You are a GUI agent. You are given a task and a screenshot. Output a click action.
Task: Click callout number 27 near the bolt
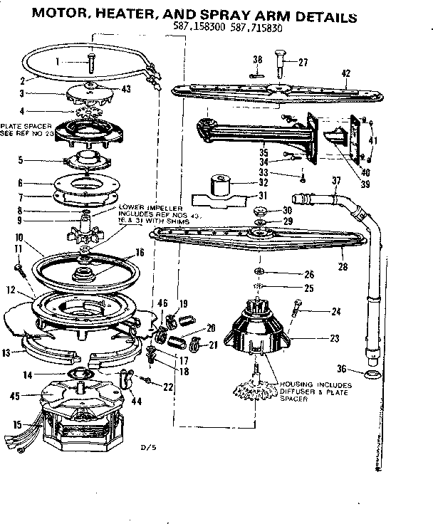303,63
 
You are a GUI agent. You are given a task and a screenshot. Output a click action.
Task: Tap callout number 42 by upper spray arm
346,72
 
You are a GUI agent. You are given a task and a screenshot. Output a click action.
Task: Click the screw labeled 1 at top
91,62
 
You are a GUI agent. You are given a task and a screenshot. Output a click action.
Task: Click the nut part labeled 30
261,211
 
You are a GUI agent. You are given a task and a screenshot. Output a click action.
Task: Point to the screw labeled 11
21,268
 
